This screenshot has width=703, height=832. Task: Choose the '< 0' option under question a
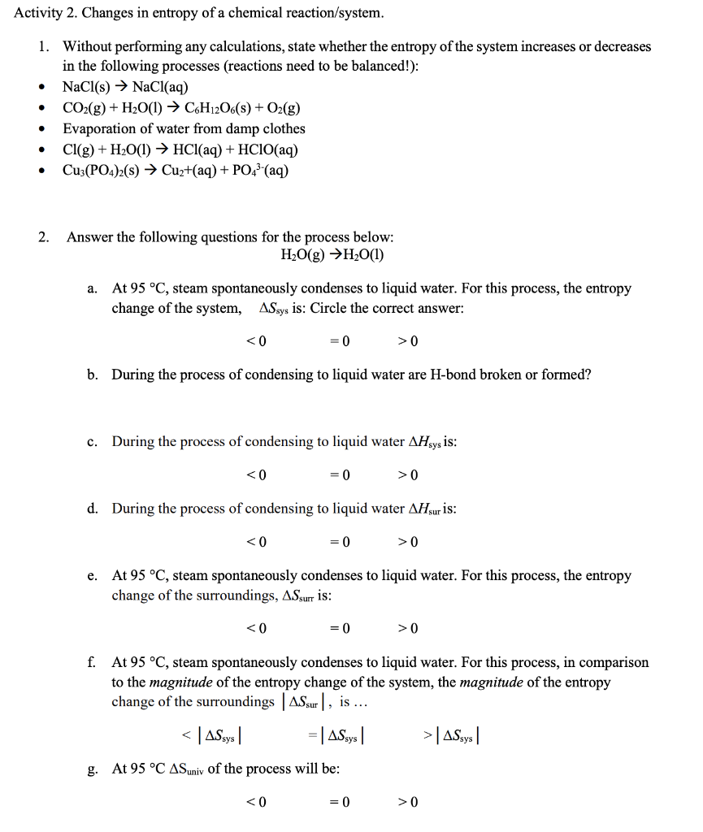pos(256,340)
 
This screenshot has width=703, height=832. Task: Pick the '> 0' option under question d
pos(408,542)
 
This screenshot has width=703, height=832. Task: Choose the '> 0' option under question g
pos(408,802)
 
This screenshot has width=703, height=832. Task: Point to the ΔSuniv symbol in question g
pos(187,769)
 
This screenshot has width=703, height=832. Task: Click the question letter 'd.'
pos(93,509)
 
